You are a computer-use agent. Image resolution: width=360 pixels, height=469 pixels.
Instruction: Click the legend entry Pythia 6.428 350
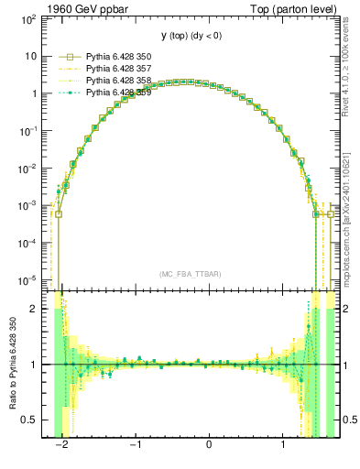tap(112, 57)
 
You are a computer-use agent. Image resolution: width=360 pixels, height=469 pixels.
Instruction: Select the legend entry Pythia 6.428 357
tap(112, 69)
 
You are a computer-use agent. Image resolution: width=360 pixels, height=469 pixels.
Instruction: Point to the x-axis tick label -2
tap(60, 445)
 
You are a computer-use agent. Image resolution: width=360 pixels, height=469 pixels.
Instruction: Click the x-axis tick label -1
tap(134, 445)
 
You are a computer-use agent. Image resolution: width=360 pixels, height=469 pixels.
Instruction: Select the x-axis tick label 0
tap(209, 445)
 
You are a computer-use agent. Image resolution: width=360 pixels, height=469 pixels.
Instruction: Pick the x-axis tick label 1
tap(283, 445)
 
